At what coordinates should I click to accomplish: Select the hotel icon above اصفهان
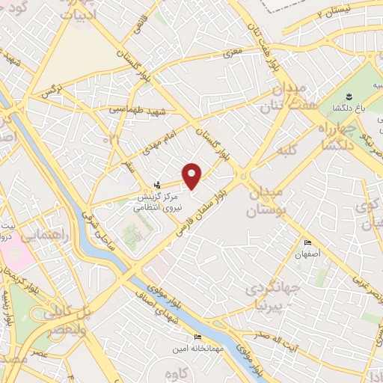(x=307, y=244)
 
